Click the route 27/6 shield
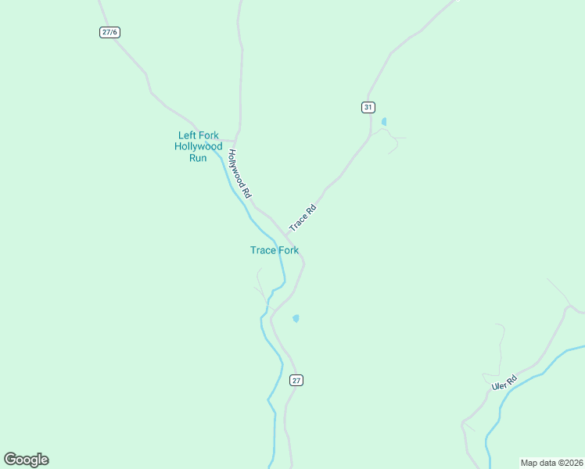point(110,32)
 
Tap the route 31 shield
point(368,107)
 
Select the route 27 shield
point(296,380)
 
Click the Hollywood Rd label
point(239,174)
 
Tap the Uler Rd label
point(504,383)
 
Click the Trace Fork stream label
point(275,250)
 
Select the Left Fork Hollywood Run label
point(199,146)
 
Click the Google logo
point(26,460)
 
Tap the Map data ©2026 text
point(552,463)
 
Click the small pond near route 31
point(383,122)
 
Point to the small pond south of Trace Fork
point(296,318)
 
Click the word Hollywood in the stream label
point(199,146)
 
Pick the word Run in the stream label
point(199,157)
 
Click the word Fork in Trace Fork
point(288,250)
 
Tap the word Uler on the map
point(500,386)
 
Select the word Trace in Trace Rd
point(298,223)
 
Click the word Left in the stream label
point(187,135)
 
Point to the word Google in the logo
point(26,460)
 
